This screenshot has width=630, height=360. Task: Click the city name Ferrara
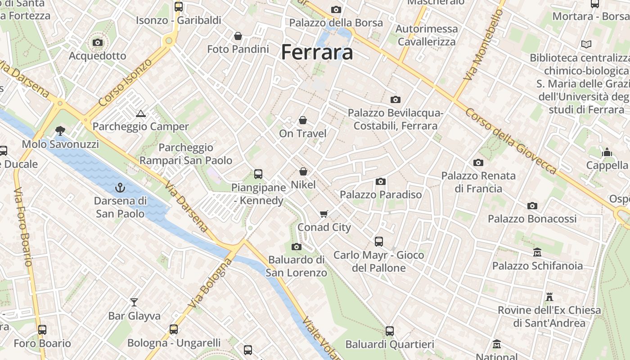click(317, 52)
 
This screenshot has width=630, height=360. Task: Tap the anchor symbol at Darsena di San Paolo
click(120, 187)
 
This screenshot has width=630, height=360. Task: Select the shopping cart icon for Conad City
click(324, 214)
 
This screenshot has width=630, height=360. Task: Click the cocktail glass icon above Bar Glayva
click(134, 302)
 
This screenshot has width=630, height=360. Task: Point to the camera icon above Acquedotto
click(98, 43)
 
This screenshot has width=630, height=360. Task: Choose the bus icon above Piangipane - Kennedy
click(258, 174)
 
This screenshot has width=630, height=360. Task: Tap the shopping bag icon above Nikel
click(303, 171)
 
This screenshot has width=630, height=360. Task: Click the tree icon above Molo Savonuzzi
click(60, 131)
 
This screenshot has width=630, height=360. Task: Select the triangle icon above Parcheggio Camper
click(141, 113)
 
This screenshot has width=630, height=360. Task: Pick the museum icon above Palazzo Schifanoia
click(537, 252)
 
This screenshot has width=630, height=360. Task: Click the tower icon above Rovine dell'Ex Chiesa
click(549, 297)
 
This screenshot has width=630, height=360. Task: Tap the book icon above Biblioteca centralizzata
click(586, 44)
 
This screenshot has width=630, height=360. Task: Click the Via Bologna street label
click(210, 283)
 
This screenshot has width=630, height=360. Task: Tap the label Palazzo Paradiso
click(381, 194)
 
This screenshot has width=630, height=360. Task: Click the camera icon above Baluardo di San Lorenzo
click(296, 247)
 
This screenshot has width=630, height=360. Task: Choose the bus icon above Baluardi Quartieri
click(390, 331)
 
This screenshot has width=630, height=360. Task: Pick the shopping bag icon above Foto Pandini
click(238, 36)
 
